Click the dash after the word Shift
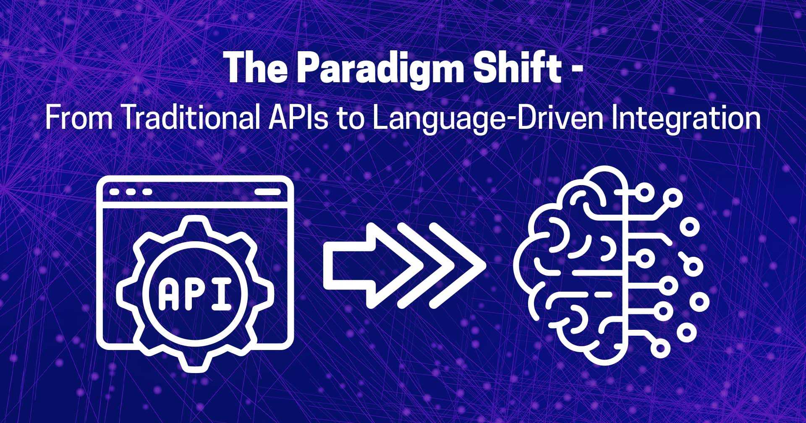[x=578, y=70]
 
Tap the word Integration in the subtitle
[x=686, y=119]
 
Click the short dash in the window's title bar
[x=268, y=192]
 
